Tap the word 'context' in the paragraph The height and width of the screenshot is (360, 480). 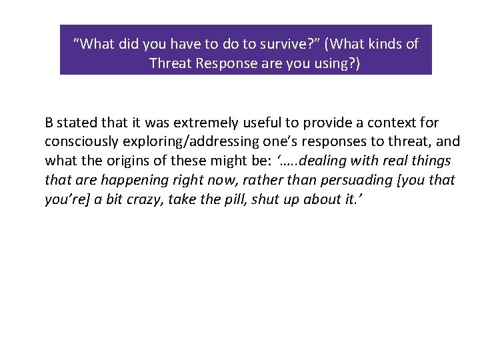pyautogui.click(x=390, y=123)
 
